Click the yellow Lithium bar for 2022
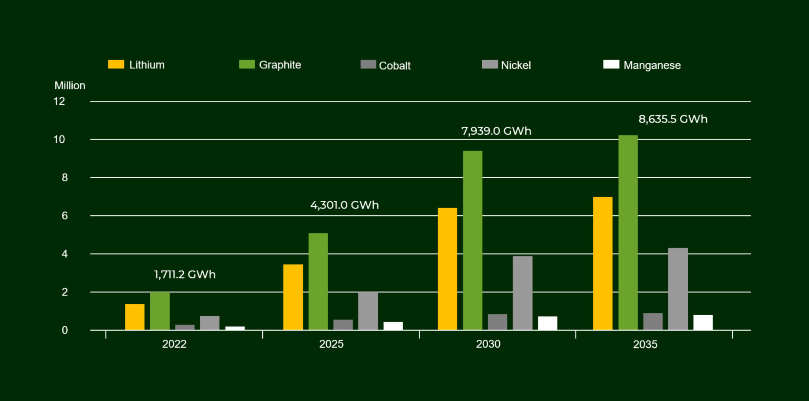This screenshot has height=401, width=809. pyautogui.click(x=135, y=317)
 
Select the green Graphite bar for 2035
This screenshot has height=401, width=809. pyautogui.click(x=628, y=233)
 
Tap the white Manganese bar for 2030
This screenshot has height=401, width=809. pyautogui.click(x=547, y=323)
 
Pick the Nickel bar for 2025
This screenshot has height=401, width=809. pyautogui.click(x=368, y=311)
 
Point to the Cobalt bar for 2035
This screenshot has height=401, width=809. pyautogui.click(x=653, y=322)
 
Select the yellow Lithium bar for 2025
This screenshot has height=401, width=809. pyautogui.click(x=293, y=297)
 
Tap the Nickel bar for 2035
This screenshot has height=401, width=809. pyautogui.click(x=678, y=289)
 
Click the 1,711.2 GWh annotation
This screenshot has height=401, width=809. pyautogui.click(x=185, y=275)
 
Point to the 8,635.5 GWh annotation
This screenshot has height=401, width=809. pyautogui.click(x=673, y=119)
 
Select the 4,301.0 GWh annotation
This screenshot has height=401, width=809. pyautogui.click(x=344, y=205)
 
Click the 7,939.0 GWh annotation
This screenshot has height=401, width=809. pyautogui.click(x=496, y=131)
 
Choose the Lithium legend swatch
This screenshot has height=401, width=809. pyautogui.click(x=116, y=64)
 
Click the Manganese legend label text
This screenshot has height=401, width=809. pyautogui.click(x=652, y=65)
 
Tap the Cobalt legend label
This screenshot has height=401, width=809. pyautogui.click(x=395, y=66)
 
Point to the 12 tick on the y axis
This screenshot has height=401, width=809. pyautogui.click(x=59, y=102)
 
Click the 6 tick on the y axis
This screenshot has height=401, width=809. pyautogui.click(x=64, y=216)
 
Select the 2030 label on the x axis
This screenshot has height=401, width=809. pyautogui.click(x=488, y=344)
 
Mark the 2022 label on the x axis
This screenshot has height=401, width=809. pyautogui.click(x=174, y=344)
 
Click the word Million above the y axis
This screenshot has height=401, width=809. pyautogui.click(x=70, y=86)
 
